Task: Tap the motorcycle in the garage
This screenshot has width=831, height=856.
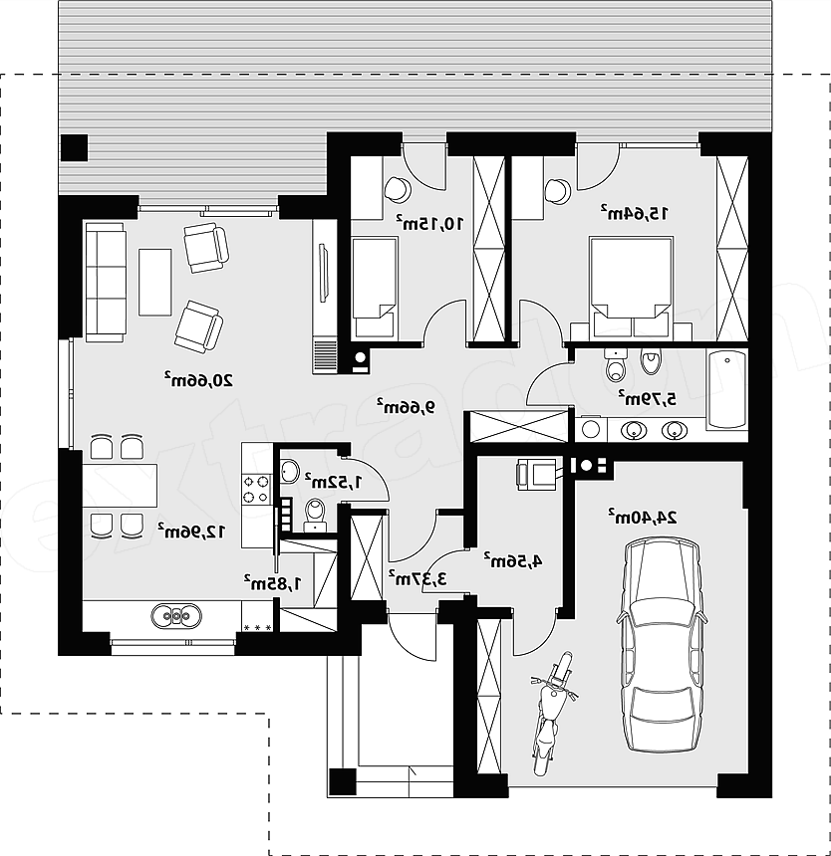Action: [552, 713]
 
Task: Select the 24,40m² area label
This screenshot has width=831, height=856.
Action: [642, 516]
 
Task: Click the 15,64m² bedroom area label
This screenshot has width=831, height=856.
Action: [634, 212]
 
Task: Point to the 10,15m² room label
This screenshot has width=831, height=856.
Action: [430, 222]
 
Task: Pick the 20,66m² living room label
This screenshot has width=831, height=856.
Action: [197, 379]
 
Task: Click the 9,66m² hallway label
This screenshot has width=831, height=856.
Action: [405, 406]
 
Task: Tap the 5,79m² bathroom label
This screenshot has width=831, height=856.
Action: [647, 398]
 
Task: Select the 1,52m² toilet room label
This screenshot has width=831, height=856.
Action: [334, 482]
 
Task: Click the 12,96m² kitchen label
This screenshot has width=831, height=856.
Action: [191, 531]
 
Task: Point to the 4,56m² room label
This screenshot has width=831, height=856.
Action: [513, 560]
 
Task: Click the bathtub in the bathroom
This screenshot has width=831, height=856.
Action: [726, 389]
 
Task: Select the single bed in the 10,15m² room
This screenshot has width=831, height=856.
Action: [375, 287]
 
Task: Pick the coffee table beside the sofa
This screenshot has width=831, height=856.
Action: [155, 282]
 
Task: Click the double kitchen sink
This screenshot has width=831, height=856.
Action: [175, 615]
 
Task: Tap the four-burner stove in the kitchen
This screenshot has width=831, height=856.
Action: [256, 489]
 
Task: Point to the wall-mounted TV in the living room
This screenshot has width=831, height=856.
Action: [324, 273]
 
